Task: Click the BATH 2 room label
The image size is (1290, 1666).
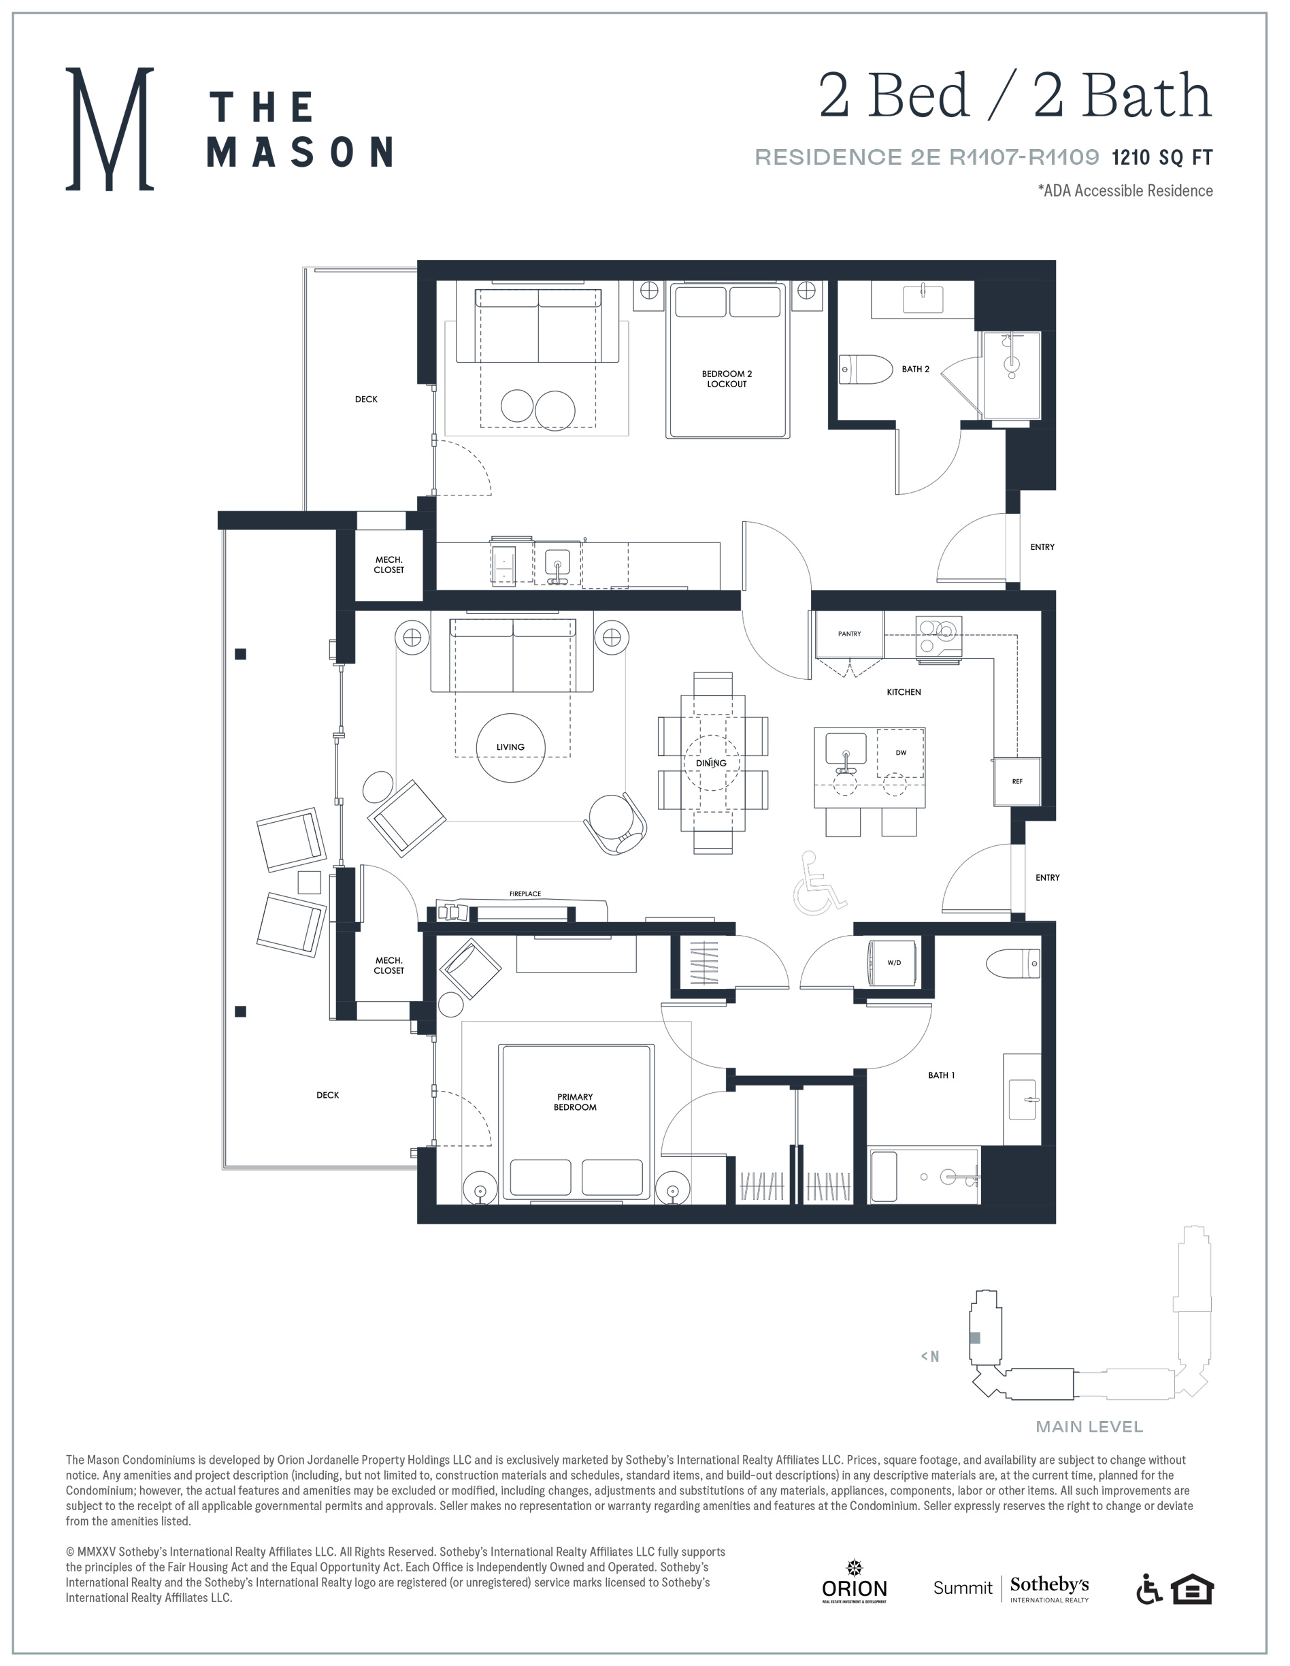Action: pos(915,370)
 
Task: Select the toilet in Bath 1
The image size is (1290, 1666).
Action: pos(1012,964)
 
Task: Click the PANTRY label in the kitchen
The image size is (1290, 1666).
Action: pos(849,634)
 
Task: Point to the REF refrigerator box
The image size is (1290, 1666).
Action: pos(1017,781)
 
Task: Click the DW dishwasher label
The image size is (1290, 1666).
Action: pos(902,753)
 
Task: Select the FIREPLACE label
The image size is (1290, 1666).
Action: pos(525,894)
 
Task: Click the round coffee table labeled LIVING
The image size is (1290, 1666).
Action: pos(511,747)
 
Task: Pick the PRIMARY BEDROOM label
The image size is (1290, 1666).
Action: pos(575,1102)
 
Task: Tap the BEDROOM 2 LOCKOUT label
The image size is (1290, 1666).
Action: pos(727,379)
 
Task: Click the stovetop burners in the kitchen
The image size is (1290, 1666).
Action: pos(938,636)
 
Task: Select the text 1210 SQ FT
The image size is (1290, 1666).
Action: pos(1162,158)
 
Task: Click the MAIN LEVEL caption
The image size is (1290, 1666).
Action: pos(1089,1426)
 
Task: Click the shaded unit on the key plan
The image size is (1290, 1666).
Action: pos(974,1337)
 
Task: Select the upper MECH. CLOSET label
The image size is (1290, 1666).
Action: pos(388,564)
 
